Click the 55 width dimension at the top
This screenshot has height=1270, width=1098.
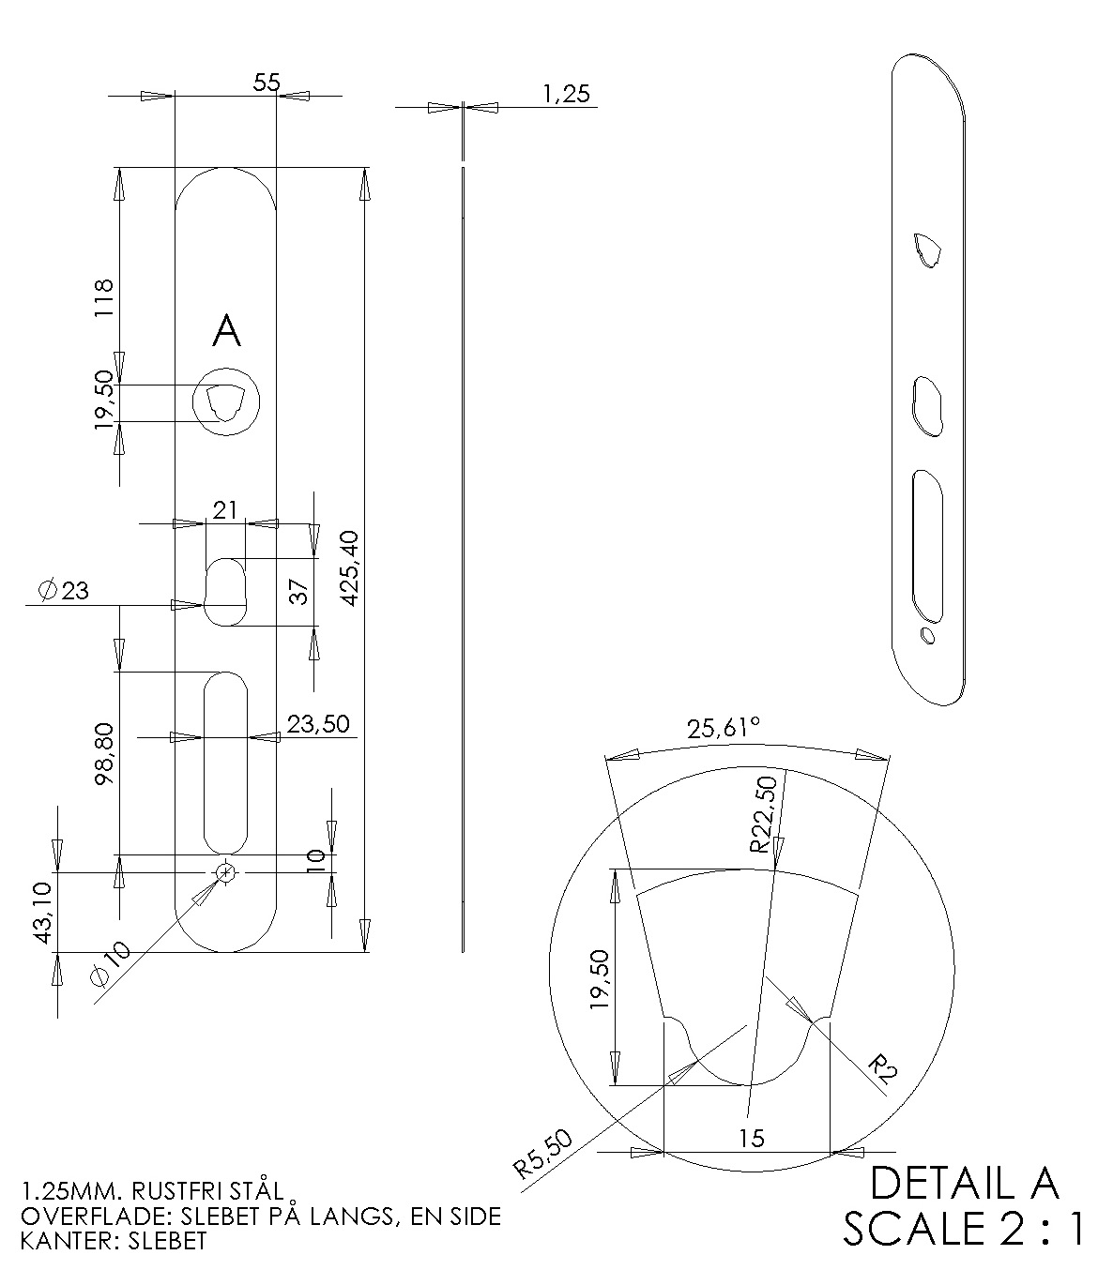tap(267, 83)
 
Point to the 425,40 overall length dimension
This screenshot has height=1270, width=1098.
tap(348, 567)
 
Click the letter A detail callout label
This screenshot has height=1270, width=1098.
tap(226, 331)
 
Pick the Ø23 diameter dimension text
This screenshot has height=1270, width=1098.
tap(63, 590)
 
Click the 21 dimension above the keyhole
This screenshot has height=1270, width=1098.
tap(225, 510)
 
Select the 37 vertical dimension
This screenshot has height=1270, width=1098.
tap(297, 592)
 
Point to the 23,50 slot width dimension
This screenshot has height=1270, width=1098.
tap(318, 724)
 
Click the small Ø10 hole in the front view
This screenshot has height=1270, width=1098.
tap(225, 872)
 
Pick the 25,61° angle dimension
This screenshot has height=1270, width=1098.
tap(723, 729)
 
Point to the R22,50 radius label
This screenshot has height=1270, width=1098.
tap(764, 814)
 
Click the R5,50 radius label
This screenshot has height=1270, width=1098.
tap(543, 1155)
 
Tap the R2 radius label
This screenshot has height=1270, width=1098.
tap(880, 1068)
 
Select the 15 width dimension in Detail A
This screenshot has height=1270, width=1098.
tap(752, 1139)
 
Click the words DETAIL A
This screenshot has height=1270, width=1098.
tap(964, 1184)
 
